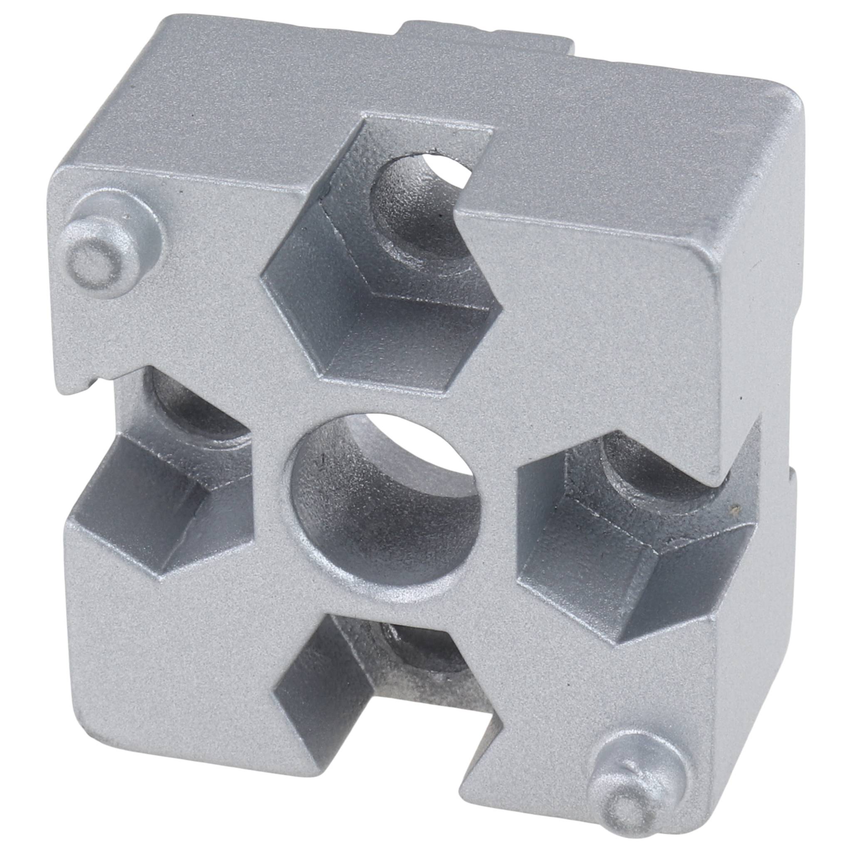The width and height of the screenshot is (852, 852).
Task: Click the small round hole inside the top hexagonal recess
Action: (x=419, y=207)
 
